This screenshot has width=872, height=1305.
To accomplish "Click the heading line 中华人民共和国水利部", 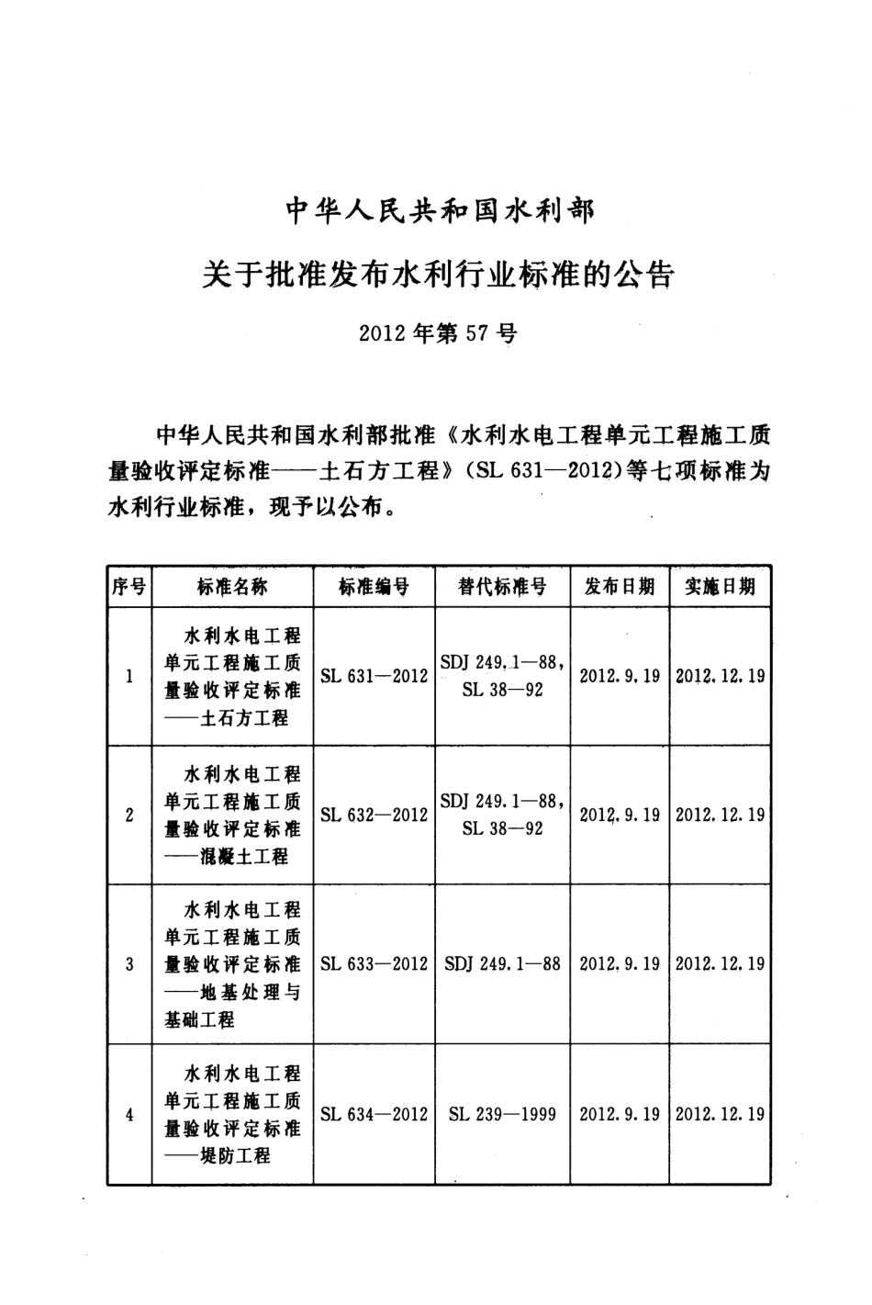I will tap(440, 212).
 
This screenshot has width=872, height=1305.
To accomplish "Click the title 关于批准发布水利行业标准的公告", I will tap(439, 273).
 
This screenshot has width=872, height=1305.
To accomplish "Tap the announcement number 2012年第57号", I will tap(438, 333).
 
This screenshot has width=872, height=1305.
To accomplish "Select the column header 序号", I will tap(129, 587).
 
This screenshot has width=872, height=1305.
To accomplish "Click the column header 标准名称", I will tap(232, 587).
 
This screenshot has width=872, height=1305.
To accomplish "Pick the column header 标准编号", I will tap(374, 587).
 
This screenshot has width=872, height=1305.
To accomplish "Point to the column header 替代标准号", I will tap(502, 587).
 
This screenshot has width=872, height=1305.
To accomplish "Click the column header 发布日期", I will tap(620, 587).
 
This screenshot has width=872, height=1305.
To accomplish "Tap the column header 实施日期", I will tap(720, 587).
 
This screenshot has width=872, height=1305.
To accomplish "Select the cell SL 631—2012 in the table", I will tap(374, 676).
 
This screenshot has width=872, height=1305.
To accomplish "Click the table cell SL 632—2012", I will tap(374, 815).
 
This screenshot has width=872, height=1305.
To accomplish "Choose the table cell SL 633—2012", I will tap(374, 963).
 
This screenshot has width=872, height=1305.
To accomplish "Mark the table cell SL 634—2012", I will tap(374, 1114).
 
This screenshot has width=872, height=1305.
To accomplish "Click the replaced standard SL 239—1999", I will tap(502, 1114).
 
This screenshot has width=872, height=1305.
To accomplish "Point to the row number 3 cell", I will tap(129, 964).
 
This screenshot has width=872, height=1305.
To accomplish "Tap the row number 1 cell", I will tap(129, 677).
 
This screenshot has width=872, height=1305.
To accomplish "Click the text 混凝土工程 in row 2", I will tap(245, 857).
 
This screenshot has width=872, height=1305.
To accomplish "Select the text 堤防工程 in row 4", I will tap(236, 1156).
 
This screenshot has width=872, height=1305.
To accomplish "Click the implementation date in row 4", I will tap(720, 1114).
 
